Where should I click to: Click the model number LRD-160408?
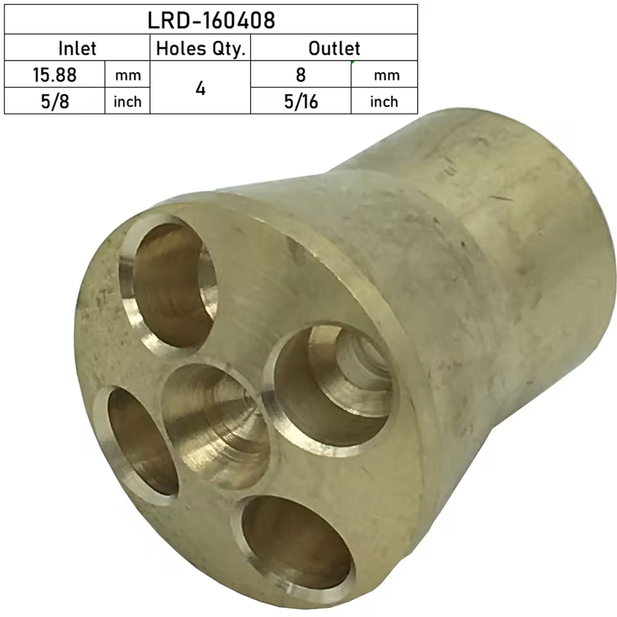pos(211,20)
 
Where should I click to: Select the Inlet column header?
pos(77,48)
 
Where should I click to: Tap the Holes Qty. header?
pos(201,48)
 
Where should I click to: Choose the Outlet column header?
pos(334,48)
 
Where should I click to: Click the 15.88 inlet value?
pos(55,75)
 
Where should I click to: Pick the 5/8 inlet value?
pos(55,101)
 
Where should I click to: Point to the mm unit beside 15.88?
pos(127,75)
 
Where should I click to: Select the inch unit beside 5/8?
pos(127,102)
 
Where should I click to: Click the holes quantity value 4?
pos(201,88)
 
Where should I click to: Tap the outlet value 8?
pos(301,75)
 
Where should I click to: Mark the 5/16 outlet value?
pos(301,101)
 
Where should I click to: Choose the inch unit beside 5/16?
pos(384,102)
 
